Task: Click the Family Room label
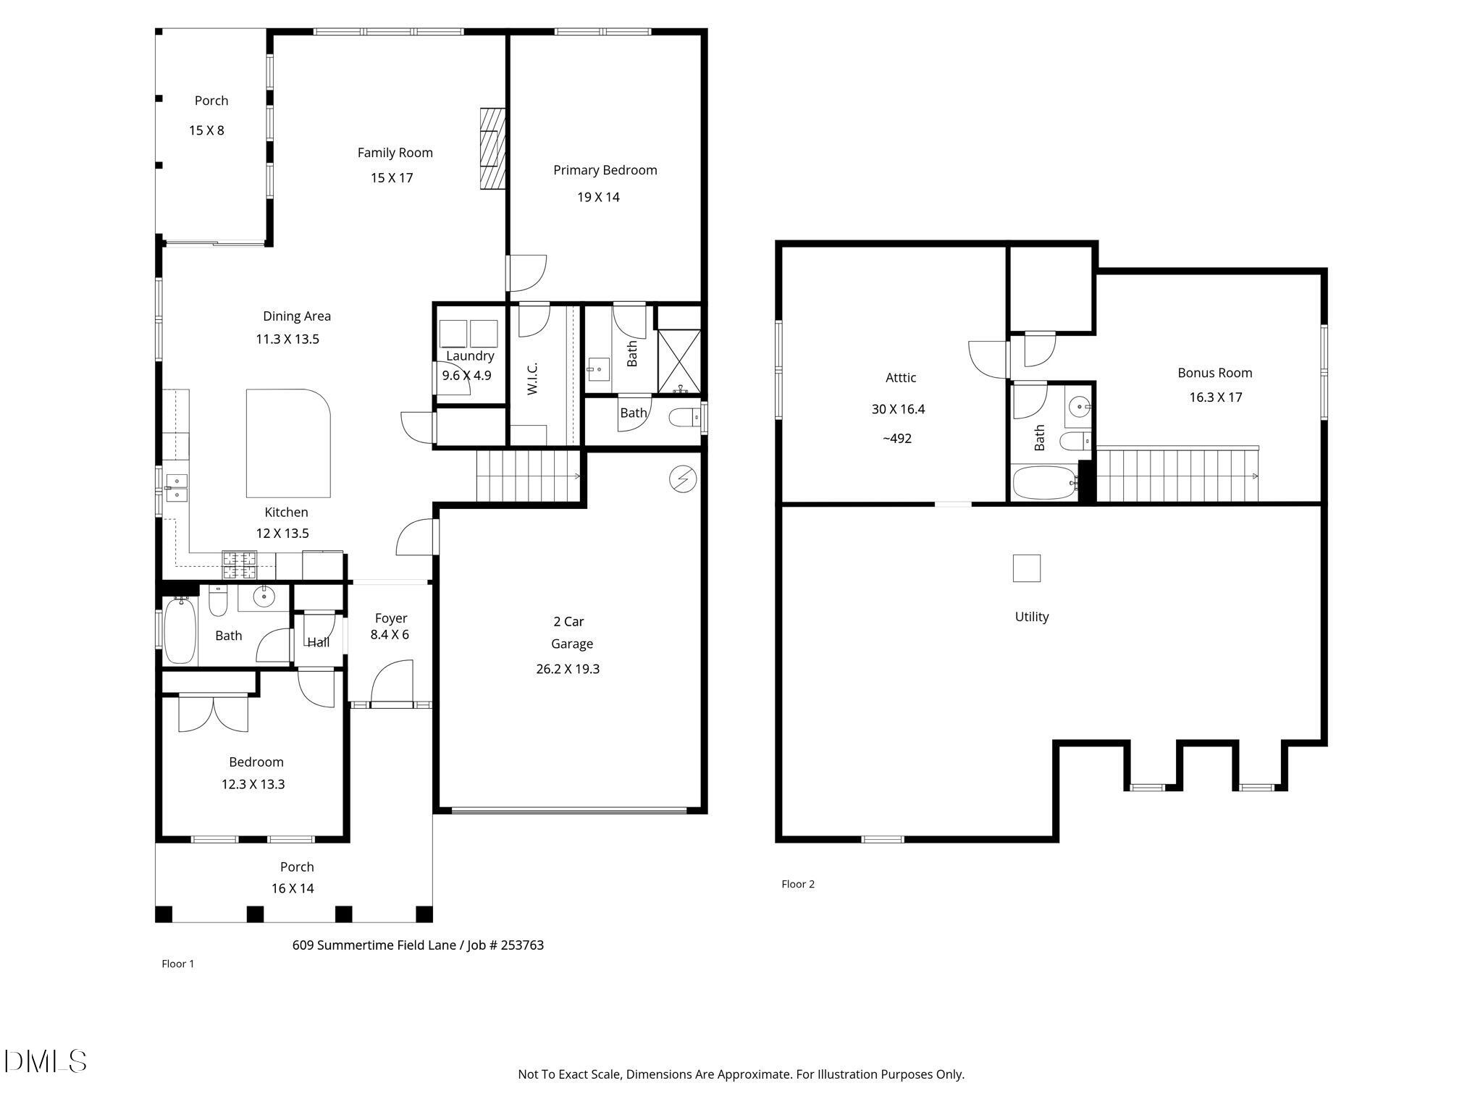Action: (x=395, y=153)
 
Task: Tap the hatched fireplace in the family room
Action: (x=492, y=148)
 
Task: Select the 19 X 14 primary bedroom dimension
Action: (x=598, y=197)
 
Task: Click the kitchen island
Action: (x=288, y=443)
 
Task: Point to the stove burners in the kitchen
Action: (x=239, y=565)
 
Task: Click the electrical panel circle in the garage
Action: (x=683, y=479)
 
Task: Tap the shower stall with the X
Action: (x=679, y=362)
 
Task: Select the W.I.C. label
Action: (x=532, y=378)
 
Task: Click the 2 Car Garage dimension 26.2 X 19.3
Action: (x=568, y=669)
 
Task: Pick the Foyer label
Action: (x=391, y=618)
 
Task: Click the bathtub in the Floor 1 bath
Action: (x=180, y=630)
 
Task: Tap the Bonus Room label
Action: (x=1214, y=373)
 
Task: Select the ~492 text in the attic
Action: (x=896, y=439)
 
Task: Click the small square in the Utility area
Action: (x=1026, y=568)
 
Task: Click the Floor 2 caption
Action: (x=798, y=884)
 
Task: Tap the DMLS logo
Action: (x=45, y=1061)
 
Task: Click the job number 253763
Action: (x=521, y=945)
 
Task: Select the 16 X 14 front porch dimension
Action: (x=293, y=888)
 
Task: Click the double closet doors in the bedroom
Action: (x=214, y=713)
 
